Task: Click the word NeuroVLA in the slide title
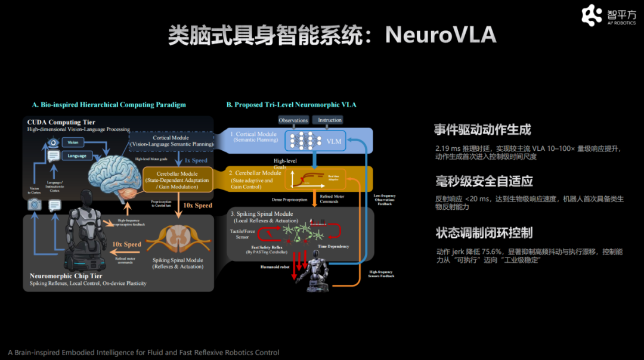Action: tap(441, 35)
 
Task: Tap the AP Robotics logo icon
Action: tap(592, 15)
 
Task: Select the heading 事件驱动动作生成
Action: tap(483, 129)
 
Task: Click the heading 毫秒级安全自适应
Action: tap(484, 181)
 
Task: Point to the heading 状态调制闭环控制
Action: tap(484, 233)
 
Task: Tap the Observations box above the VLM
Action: tap(293, 120)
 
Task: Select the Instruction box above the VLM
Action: tap(330, 120)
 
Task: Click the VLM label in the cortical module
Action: tap(335, 142)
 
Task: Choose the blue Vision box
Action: tap(73, 143)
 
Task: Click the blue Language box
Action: tap(77, 156)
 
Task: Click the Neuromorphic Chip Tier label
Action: tap(66, 276)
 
